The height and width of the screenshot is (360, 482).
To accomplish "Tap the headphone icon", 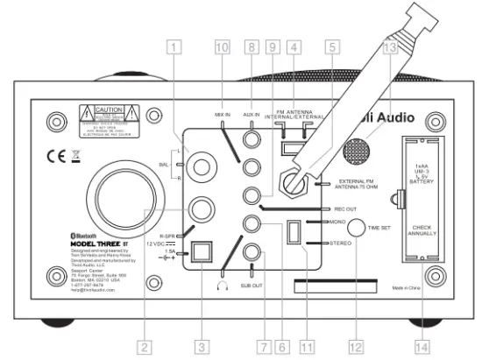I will (x=219, y=286).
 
